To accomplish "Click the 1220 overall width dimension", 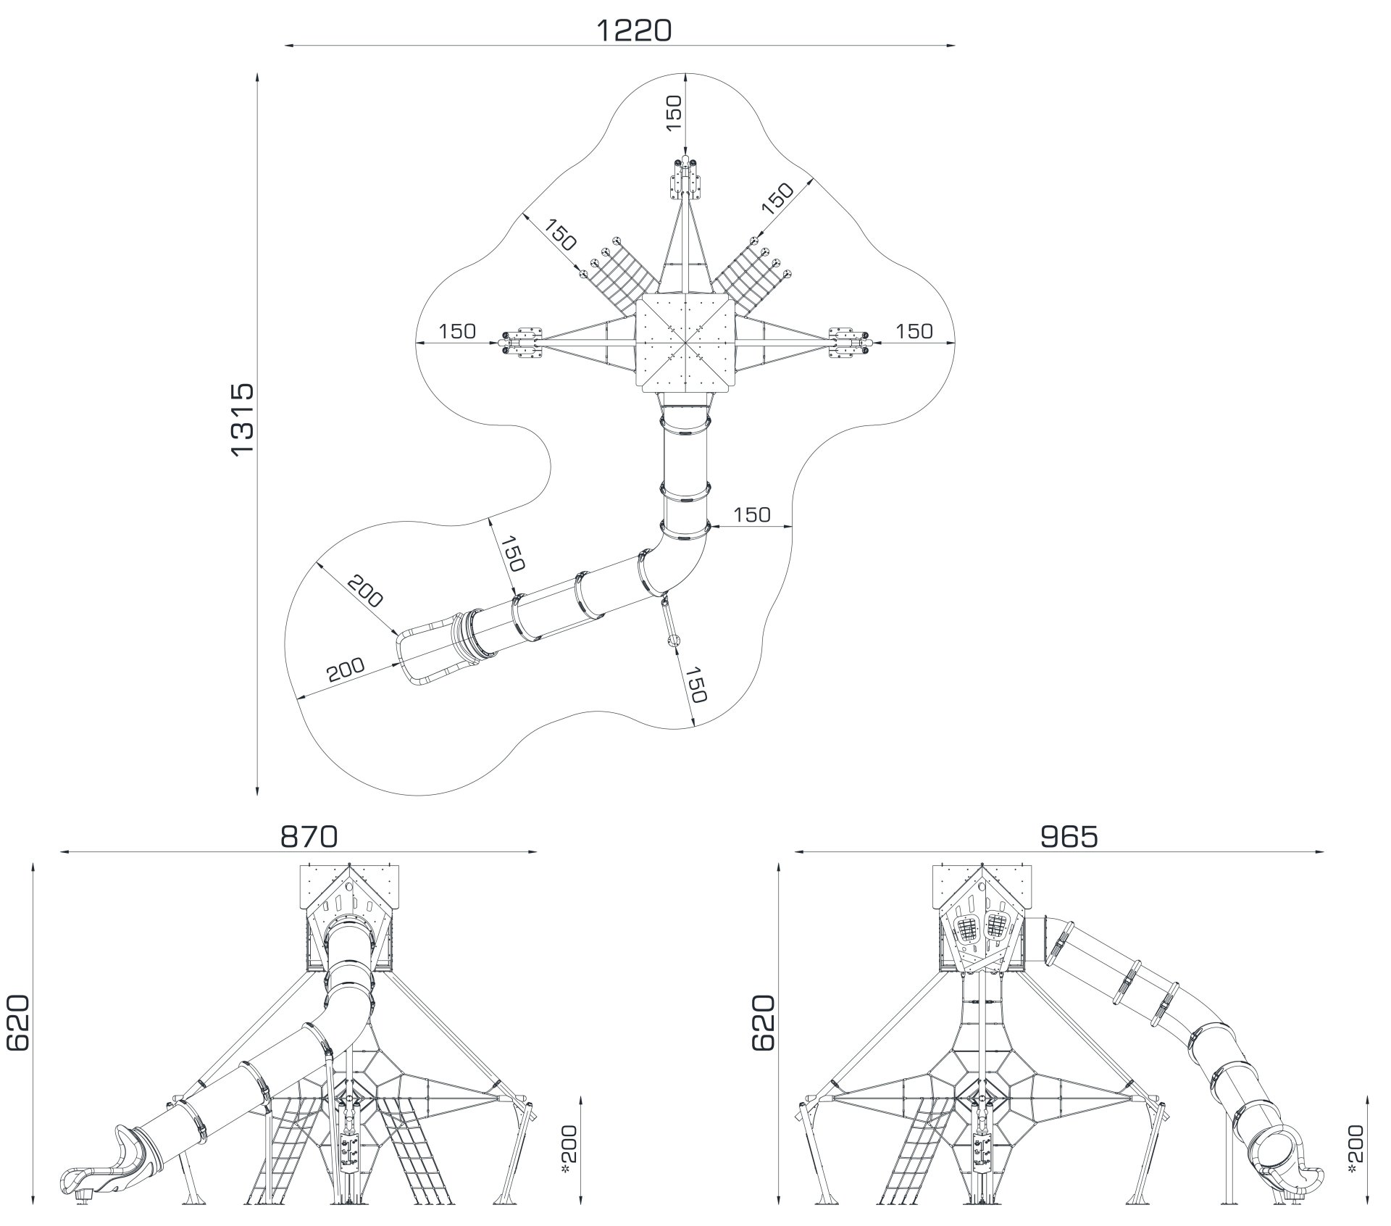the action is (x=634, y=30).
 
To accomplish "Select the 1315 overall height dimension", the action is (x=243, y=420).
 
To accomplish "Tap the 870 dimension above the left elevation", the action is (x=309, y=837).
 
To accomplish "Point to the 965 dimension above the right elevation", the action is (x=1069, y=837).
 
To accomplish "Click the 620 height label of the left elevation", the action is (x=18, y=1022).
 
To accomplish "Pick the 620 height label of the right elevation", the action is (x=764, y=1022).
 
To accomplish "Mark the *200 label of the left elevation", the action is (x=570, y=1132).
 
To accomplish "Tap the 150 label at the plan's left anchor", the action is (x=457, y=331).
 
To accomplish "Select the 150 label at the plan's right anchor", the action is (x=914, y=331).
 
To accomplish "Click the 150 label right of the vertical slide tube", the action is (x=752, y=514).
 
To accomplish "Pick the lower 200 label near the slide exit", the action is (x=346, y=670).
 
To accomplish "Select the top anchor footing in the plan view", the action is (x=685, y=178).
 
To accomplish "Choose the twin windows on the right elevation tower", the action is (x=983, y=928).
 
